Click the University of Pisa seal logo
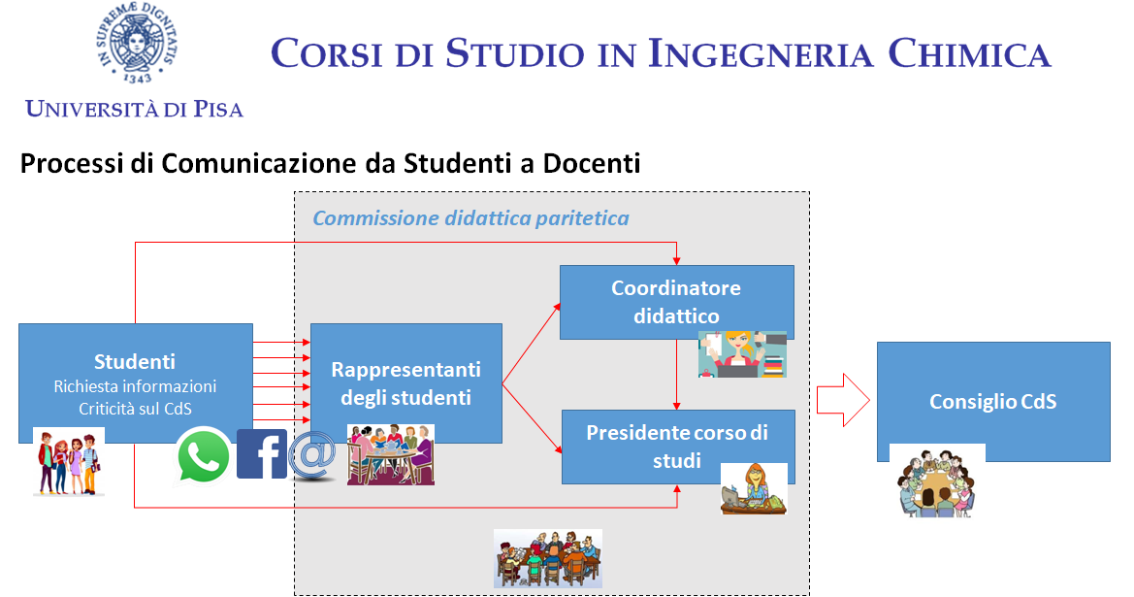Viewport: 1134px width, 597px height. click(x=136, y=42)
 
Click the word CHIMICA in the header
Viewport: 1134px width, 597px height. click(x=969, y=53)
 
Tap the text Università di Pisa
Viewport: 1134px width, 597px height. click(x=135, y=109)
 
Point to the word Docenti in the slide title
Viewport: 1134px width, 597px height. click(x=592, y=163)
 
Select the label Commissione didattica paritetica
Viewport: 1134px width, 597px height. click(x=470, y=217)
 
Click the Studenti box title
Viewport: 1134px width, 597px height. click(x=135, y=361)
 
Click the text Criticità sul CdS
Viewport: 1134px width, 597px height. click(x=135, y=409)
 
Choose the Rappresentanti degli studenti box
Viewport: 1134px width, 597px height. click(x=406, y=383)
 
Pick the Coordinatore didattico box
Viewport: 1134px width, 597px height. click(x=677, y=302)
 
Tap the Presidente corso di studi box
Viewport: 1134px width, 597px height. click(x=678, y=447)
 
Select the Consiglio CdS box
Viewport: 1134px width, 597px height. click(x=993, y=402)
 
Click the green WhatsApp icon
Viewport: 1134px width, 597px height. click(x=203, y=456)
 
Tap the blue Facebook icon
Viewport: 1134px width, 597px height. click(x=262, y=453)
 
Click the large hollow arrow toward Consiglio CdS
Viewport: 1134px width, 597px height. click(x=843, y=399)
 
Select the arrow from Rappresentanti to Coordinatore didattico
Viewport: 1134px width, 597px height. click(x=531, y=343)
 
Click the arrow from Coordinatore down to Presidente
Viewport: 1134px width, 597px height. click(x=677, y=374)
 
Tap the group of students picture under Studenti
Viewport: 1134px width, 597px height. click(x=69, y=462)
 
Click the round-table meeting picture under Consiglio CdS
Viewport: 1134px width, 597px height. click(x=937, y=481)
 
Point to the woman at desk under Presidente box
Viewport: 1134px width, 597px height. click(x=754, y=489)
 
